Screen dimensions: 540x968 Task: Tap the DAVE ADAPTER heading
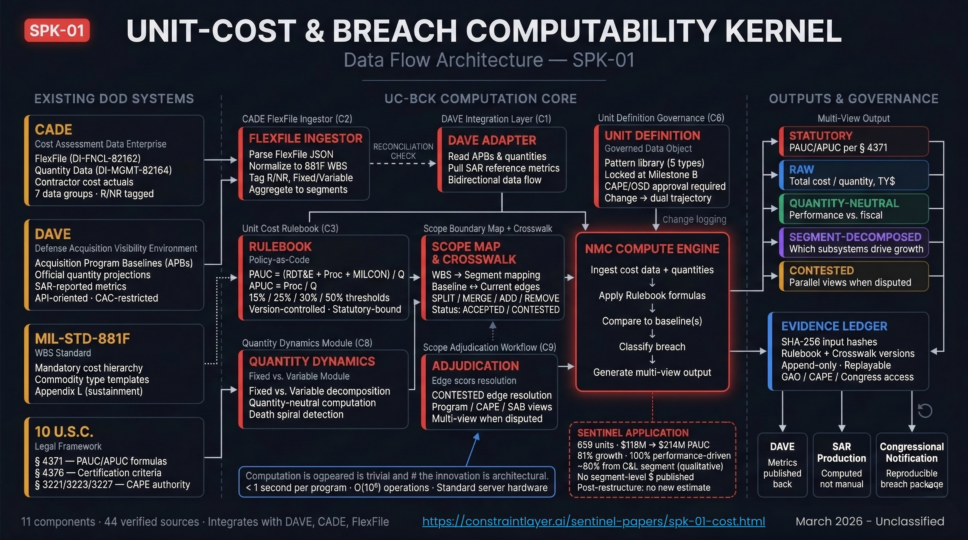click(492, 140)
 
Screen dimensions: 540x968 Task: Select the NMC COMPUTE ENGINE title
click(652, 249)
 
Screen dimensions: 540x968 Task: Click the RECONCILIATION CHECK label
click(403, 151)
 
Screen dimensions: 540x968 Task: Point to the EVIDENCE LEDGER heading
click(834, 326)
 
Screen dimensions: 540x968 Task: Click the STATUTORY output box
click(853, 141)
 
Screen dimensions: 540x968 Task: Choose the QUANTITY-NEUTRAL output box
click(853, 209)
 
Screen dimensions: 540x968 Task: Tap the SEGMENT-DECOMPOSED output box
click(853, 243)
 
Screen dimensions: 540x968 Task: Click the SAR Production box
click(841, 465)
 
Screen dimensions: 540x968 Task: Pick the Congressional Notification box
click(912, 465)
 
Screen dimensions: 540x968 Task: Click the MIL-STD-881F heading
click(82, 339)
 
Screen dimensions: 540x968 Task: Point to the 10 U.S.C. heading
click(64, 432)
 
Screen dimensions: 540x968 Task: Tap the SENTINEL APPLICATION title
click(633, 433)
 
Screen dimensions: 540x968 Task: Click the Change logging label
click(694, 219)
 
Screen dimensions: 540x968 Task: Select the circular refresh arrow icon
click(925, 411)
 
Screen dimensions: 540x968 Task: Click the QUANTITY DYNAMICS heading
click(311, 361)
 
